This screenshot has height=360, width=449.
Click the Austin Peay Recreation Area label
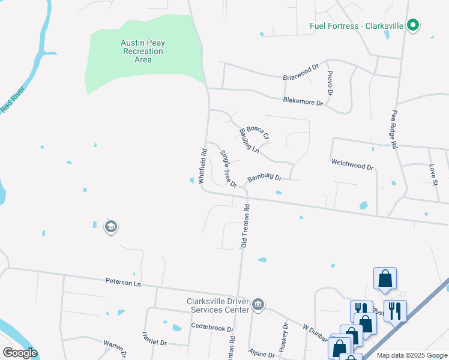(x=142, y=51)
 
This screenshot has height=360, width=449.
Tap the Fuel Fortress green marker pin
(x=412, y=25)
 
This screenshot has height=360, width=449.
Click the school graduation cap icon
(x=110, y=226)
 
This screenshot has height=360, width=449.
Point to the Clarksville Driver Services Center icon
(x=258, y=304)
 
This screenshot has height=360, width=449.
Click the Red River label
(x=13, y=99)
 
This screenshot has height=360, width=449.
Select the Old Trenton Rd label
(x=245, y=226)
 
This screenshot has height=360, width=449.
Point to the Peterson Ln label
(x=122, y=281)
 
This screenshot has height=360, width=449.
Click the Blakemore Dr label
(x=303, y=101)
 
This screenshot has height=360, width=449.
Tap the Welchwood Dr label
(x=352, y=165)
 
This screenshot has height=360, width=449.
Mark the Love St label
(x=432, y=175)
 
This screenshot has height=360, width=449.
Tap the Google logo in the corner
(x=20, y=353)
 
